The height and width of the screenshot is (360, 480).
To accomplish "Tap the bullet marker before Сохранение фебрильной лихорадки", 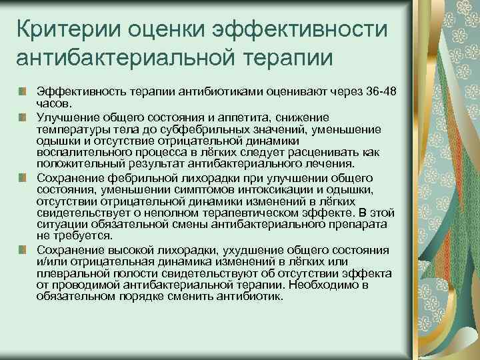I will tap(23, 178).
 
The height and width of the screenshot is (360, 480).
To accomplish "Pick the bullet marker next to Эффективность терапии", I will tap(23, 90).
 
